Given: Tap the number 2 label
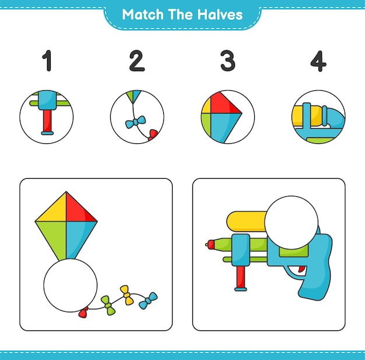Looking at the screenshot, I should click(x=136, y=61).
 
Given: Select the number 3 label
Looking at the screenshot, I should click(x=227, y=61).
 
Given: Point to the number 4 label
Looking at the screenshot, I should click(x=318, y=61).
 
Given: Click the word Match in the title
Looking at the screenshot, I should click(x=141, y=15).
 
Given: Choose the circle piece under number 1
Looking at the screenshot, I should click(x=47, y=117).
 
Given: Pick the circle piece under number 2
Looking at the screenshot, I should click(x=137, y=117).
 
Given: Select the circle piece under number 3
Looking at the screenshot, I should click(x=227, y=117).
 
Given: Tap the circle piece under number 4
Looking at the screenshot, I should click(x=318, y=117).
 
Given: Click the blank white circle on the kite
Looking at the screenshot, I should click(x=70, y=285).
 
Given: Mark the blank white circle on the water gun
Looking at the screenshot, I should click(x=291, y=223).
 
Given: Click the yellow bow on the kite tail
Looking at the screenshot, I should click(x=127, y=295).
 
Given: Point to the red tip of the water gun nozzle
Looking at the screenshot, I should click(x=210, y=245).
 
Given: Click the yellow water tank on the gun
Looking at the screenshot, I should click(x=245, y=222).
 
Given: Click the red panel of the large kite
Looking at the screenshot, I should click(x=80, y=208).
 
